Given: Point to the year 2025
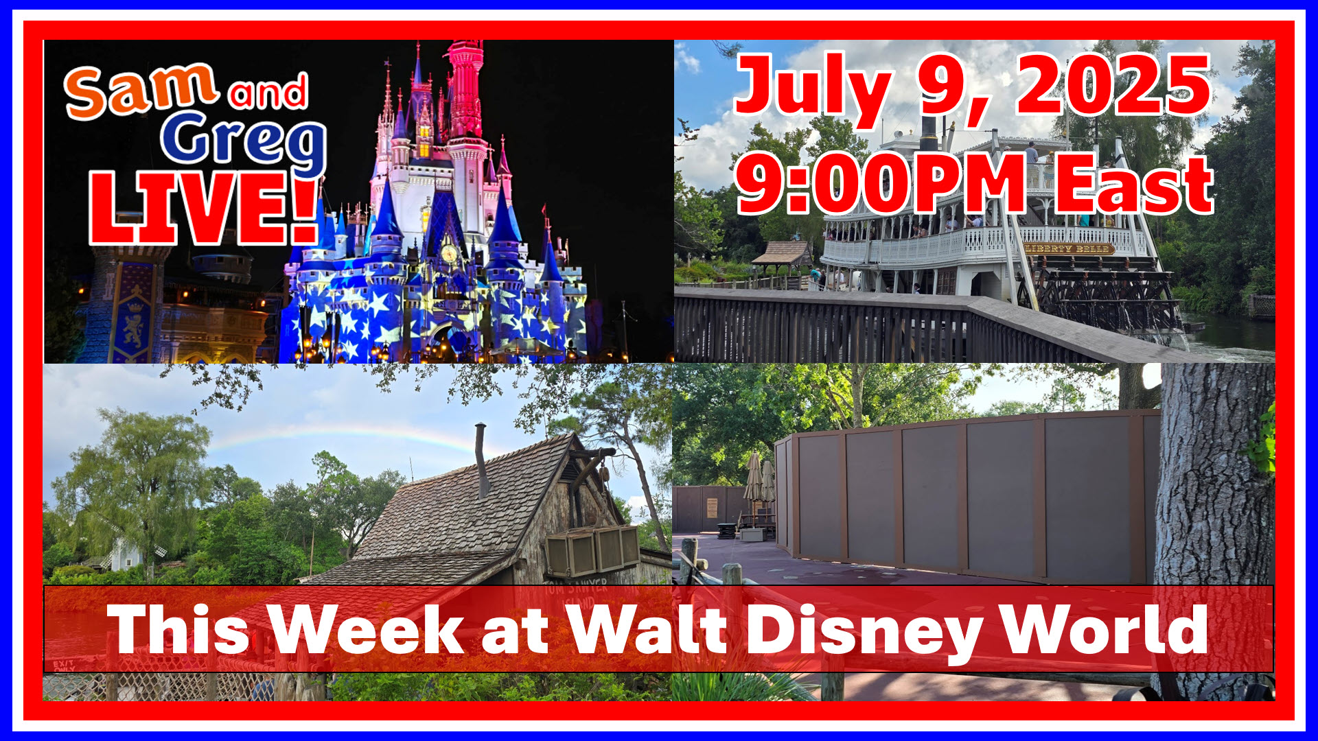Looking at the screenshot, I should (1112, 86).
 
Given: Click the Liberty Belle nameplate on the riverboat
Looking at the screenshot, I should (1068, 249).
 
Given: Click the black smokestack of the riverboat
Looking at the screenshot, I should (928, 134).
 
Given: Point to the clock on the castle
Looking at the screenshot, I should (449, 253).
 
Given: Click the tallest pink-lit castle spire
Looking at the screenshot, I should (466, 89).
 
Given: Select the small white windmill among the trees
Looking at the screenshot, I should (126, 552).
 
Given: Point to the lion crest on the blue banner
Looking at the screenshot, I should (132, 329).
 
